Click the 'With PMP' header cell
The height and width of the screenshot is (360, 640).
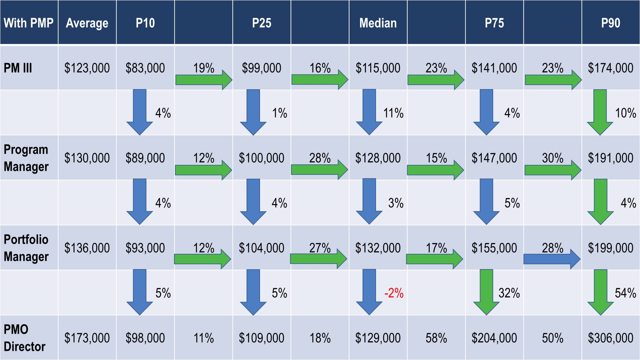[28, 23]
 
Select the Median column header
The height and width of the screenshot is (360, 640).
[378, 23]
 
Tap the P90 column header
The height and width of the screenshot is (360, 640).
[611, 23]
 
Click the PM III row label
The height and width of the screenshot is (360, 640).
[18, 68]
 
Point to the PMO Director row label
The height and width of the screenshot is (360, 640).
[24, 338]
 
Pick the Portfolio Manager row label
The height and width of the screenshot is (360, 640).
[26, 248]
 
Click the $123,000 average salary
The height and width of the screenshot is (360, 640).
[87, 68]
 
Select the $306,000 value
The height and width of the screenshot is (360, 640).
[611, 338]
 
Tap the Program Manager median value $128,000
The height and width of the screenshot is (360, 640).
[378, 158]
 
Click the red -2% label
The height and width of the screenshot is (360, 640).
[394, 293]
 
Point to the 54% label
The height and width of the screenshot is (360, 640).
[625, 293]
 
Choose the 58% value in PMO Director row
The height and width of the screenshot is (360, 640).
[436, 338]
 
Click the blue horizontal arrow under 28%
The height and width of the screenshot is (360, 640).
[552, 259]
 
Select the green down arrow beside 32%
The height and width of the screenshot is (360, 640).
[486, 292]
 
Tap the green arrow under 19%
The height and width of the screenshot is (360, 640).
[204, 80]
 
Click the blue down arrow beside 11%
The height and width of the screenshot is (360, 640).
[369, 112]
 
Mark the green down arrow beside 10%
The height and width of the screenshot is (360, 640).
[600, 112]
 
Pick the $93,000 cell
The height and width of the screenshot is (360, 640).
[145, 248]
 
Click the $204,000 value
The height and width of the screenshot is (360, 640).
[494, 338]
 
